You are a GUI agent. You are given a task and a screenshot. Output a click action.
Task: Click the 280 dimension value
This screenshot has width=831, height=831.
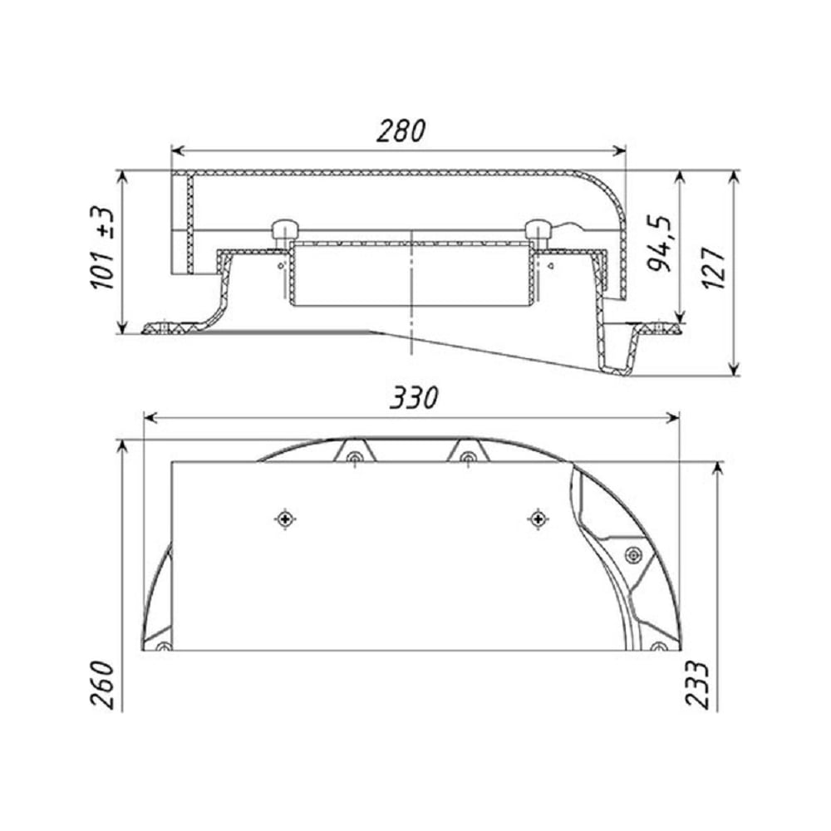tap(401, 131)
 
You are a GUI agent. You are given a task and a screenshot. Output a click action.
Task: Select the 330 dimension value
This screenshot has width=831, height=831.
tap(415, 397)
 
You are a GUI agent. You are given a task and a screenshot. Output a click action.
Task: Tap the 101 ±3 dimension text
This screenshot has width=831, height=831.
tap(102, 248)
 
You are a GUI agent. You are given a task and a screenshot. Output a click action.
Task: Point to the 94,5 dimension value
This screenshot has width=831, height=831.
tap(660, 243)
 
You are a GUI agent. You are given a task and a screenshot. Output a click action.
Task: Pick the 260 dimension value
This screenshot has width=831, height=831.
tap(103, 684)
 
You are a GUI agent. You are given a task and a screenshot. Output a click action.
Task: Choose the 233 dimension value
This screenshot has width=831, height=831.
tap(697, 684)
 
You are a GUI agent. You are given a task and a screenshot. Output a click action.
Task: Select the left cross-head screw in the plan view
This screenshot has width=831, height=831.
tap(285, 519)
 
